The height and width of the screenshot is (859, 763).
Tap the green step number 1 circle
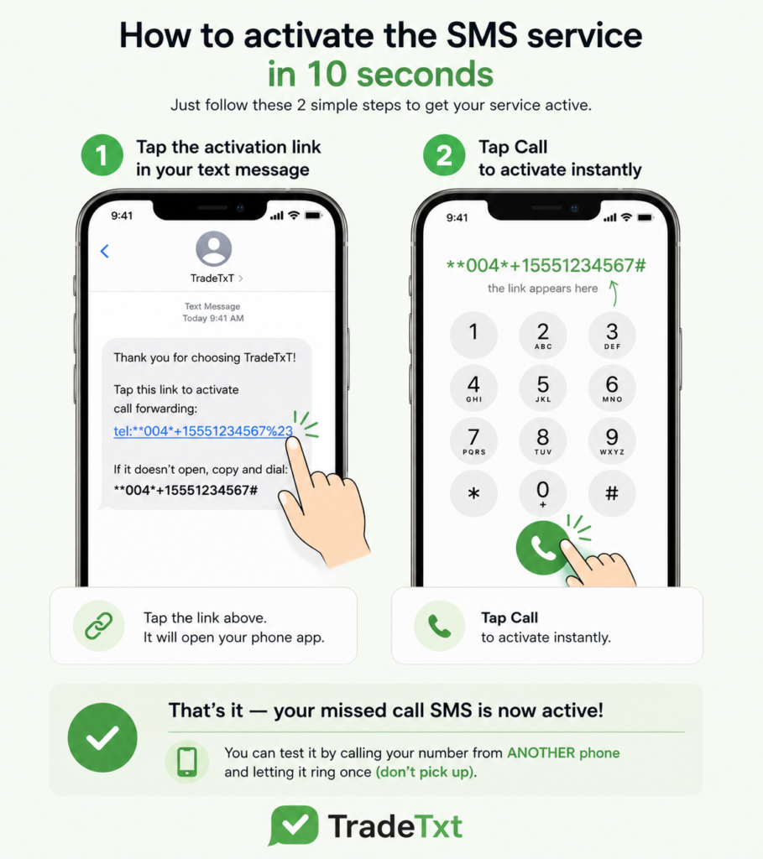[x=102, y=155]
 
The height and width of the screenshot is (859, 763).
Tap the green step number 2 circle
[x=444, y=155]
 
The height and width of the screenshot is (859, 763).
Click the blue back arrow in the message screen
[x=105, y=251]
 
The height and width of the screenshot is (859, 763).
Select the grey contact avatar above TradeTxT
[x=213, y=248]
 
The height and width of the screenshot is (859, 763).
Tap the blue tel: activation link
[x=203, y=431]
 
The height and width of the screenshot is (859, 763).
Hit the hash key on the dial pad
[x=612, y=493]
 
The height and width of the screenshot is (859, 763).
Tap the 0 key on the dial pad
[x=542, y=493]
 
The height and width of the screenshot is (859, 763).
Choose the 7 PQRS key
[x=473, y=440]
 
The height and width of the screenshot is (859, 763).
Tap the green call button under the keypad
[x=542, y=548]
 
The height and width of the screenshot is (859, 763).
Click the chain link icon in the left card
[x=99, y=626]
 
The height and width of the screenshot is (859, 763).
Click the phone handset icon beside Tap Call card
[x=440, y=626]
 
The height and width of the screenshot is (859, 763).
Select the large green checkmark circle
[x=102, y=737]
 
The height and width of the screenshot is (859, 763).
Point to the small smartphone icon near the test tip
[x=187, y=762]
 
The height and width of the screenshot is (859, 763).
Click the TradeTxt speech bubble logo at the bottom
[x=294, y=825]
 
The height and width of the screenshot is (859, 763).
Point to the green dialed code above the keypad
[x=546, y=266]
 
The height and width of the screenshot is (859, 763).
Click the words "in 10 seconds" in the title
[x=380, y=74]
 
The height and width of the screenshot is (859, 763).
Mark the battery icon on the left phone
[x=314, y=216]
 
